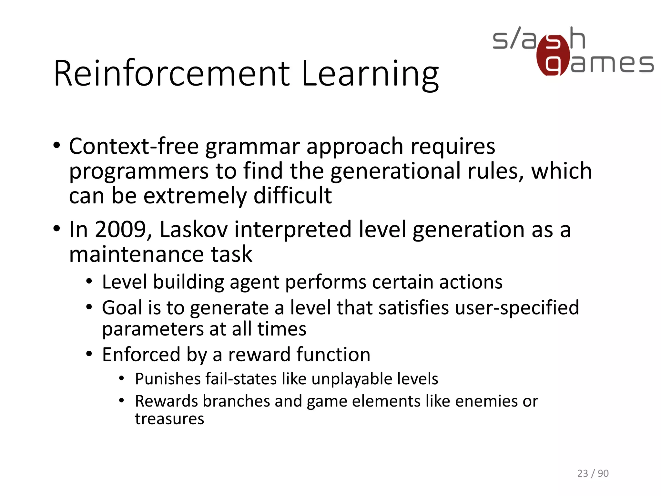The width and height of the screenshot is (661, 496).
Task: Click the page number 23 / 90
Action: [x=593, y=473]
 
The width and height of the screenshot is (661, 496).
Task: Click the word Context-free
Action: [x=134, y=146]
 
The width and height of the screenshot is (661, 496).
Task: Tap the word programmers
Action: [x=139, y=172]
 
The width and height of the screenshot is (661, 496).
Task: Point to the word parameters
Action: [x=152, y=329]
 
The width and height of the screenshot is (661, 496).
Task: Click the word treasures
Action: [x=169, y=419]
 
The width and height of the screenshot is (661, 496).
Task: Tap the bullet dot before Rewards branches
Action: [x=121, y=401]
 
